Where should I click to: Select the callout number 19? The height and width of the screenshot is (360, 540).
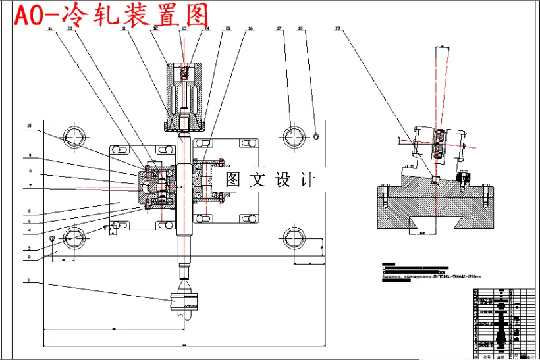(337, 29)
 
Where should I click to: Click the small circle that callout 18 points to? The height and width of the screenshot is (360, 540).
(317, 136)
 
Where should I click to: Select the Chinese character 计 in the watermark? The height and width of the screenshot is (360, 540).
(308, 179)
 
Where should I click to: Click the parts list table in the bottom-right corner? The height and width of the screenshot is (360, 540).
(503, 322)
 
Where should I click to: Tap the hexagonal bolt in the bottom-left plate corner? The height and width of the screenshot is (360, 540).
(74, 237)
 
